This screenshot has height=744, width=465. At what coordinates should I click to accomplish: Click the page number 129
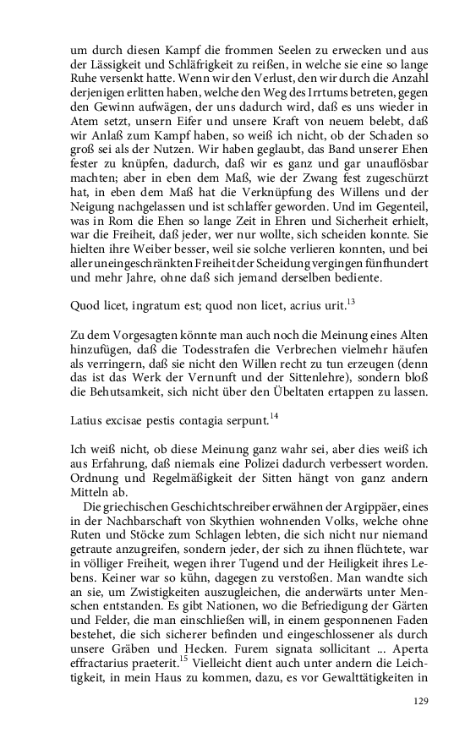[422, 701]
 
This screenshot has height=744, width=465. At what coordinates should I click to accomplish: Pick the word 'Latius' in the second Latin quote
[86, 418]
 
